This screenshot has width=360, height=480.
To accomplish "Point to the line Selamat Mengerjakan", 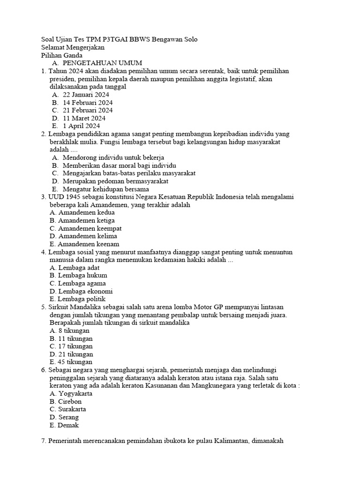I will tap(73, 47).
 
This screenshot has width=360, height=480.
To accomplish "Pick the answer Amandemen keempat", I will tap(85, 228).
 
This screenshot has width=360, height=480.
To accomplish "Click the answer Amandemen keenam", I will tap(84, 244).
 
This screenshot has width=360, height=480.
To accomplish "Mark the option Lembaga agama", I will tap(77, 283).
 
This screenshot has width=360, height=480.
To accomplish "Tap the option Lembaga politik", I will tap(77, 299).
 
